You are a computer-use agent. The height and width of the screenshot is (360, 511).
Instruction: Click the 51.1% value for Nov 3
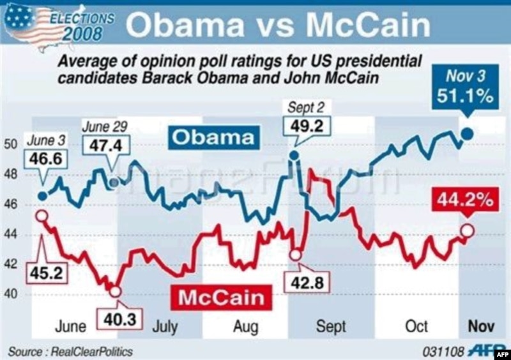click(x=466, y=96)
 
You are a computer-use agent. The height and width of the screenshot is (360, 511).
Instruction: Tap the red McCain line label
click(x=220, y=297)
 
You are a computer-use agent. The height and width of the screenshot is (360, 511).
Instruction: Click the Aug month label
click(x=245, y=327)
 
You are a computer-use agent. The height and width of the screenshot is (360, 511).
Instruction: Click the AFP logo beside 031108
click(x=487, y=350)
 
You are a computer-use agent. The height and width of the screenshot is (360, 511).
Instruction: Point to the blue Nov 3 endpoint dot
click(x=467, y=133)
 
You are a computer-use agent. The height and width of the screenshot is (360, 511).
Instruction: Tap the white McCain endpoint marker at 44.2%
click(x=467, y=230)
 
